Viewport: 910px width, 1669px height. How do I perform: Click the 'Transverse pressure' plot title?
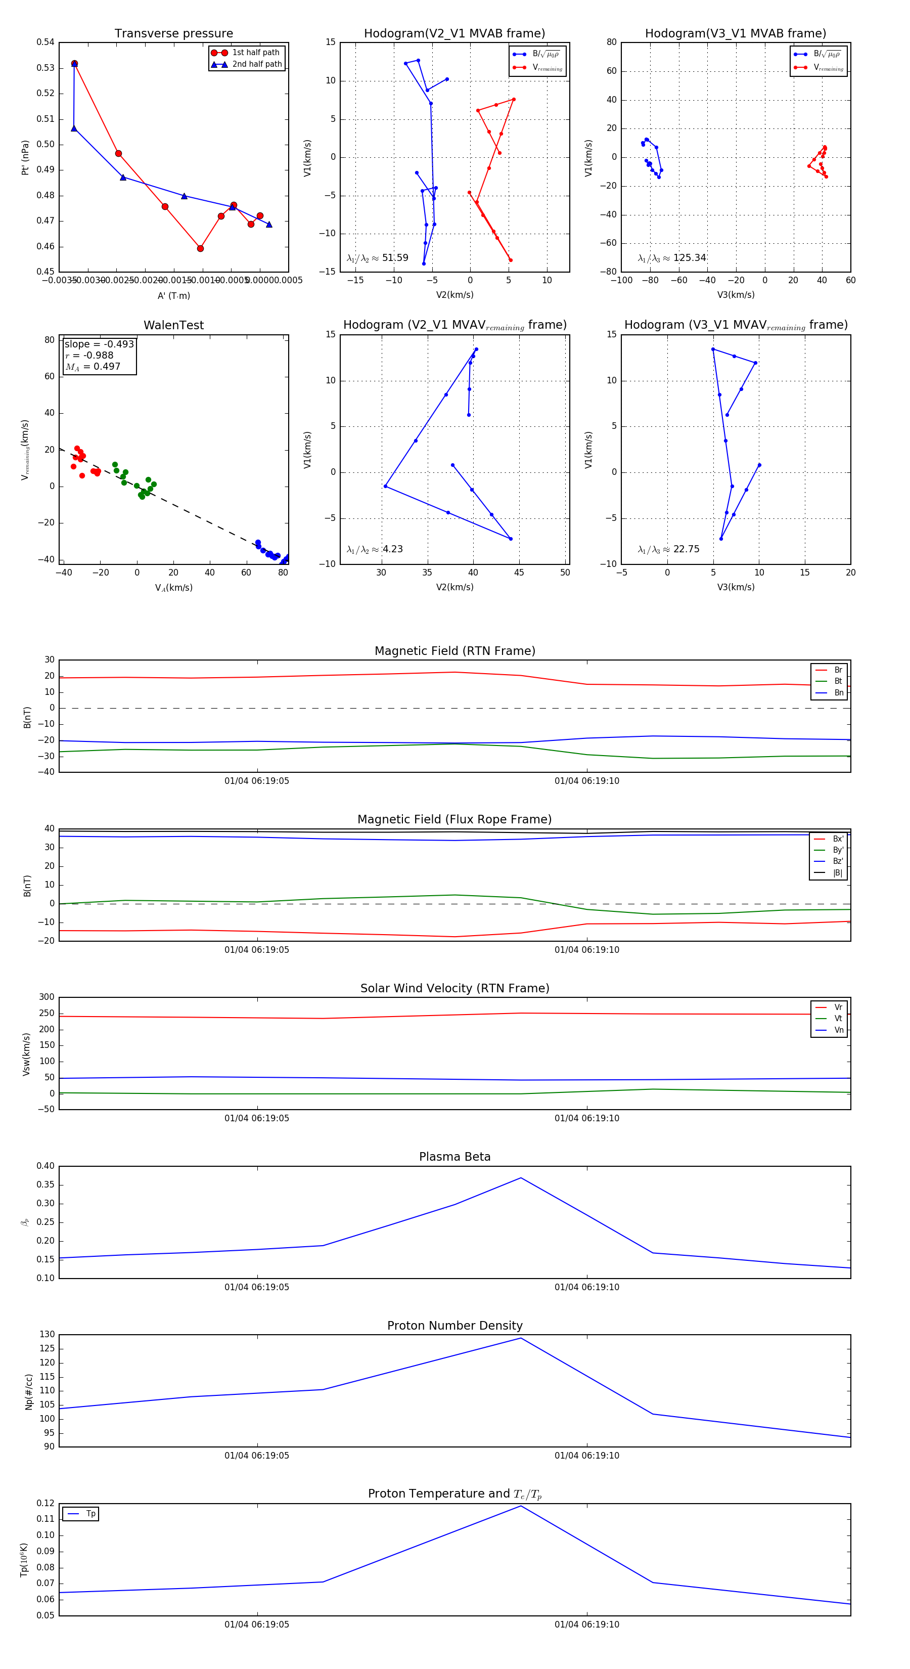pyautogui.click(x=173, y=34)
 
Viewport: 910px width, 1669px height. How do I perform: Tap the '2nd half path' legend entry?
pyautogui.click(x=256, y=64)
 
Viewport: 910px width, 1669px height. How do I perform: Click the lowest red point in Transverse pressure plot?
pyautogui.click(x=200, y=248)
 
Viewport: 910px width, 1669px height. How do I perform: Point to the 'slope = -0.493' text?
pyautogui.click(x=99, y=344)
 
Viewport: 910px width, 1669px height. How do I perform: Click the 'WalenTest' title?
pyautogui.click(x=173, y=325)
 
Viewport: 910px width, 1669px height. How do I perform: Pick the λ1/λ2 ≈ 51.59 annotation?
pyautogui.click(x=378, y=258)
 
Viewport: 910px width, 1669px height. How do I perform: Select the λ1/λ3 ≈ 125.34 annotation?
pyautogui.click(x=672, y=258)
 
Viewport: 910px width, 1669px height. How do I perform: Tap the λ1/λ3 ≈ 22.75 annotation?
pyautogui.click(x=668, y=549)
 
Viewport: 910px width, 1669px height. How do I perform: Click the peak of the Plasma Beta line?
pyautogui.click(x=521, y=1178)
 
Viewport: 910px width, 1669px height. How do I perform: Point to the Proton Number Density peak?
pyautogui.click(x=521, y=1338)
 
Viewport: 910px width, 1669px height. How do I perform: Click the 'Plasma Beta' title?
pyautogui.click(x=454, y=1157)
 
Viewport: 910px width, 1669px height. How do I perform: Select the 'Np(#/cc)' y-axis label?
pyautogui.click(x=28, y=1391)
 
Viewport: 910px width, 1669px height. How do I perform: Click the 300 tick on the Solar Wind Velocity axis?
pyautogui.click(x=47, y=997)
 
